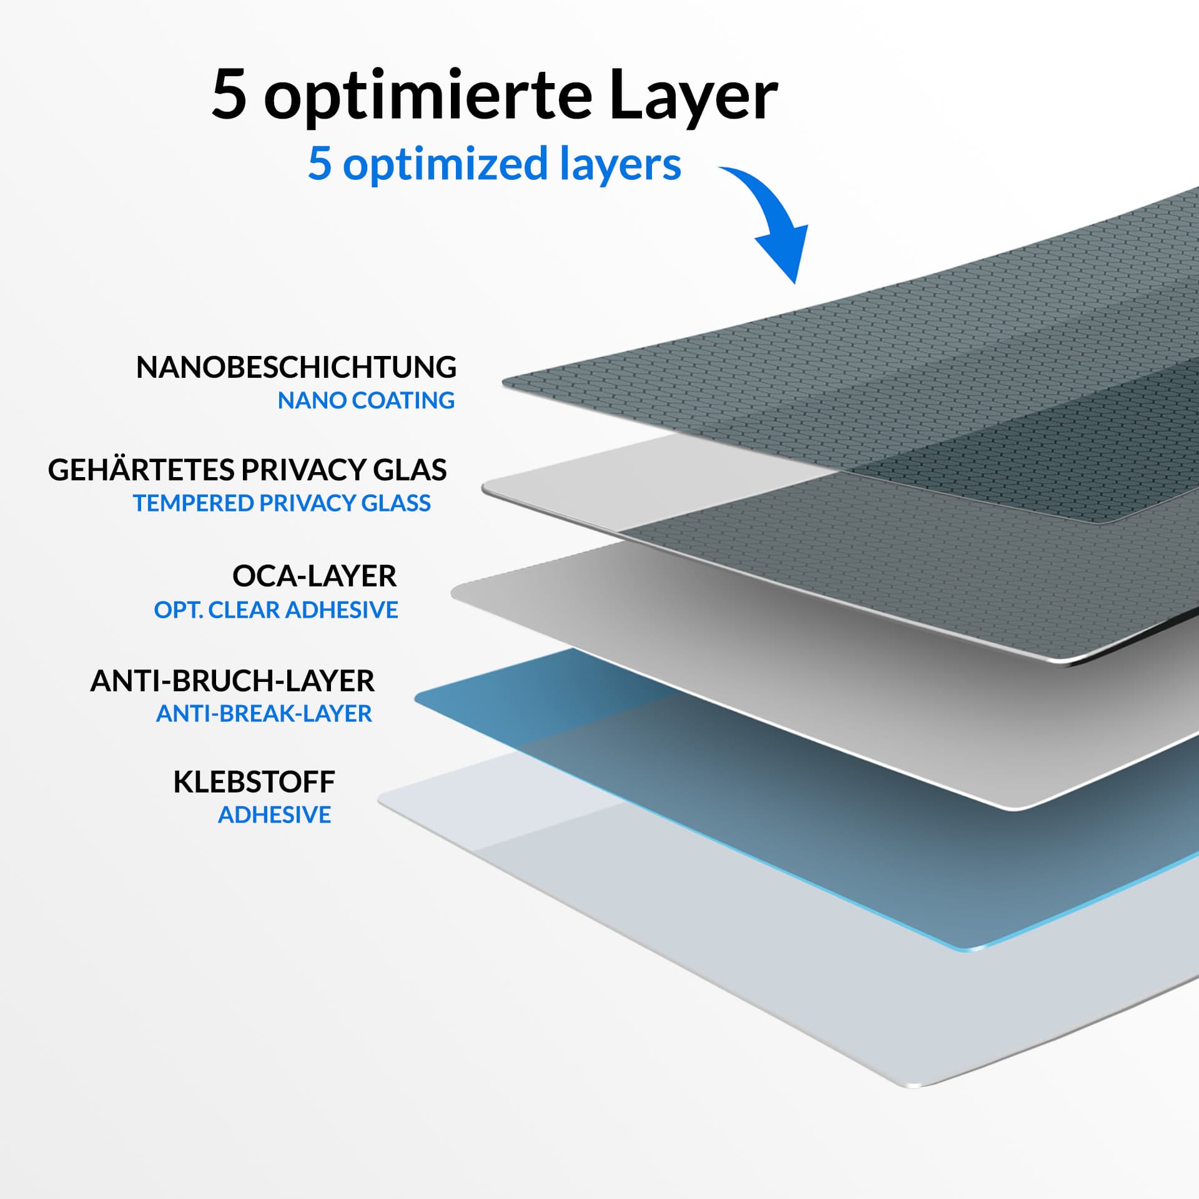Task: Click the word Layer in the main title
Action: [x=693, y=95]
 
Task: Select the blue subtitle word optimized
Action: [x=445, y=164]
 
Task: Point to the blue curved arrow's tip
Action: [x=795, y=283]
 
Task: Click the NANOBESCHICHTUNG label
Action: [x=296, y=367]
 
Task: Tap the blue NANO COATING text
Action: [x=366, y=400]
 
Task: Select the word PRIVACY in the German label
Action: [x=306, y=470]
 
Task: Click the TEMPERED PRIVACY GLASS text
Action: [x=282, y=503]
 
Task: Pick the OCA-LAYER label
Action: [x=314, y=576]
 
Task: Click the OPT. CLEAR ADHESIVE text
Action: [x=276, y=610]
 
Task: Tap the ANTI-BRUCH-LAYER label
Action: [x=232, y=681]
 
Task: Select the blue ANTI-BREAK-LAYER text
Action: [x=264, y=713]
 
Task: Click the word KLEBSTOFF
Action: [x=254, y=782]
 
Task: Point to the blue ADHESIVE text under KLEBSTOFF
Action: [x=275, y=815]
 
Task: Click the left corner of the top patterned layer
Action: [x=503, y=383]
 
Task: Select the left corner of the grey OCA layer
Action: [x=452, y=592]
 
